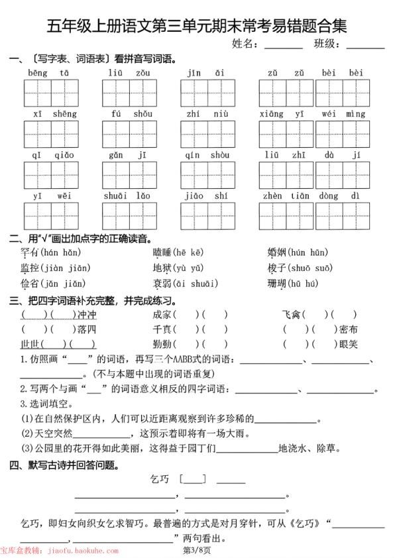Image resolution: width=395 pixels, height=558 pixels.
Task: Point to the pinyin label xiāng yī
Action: point(286,113)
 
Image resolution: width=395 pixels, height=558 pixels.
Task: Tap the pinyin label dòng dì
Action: point(342,195)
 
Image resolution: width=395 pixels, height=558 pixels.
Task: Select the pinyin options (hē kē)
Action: point(188,252)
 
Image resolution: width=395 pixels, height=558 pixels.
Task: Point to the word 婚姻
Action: point(277,252)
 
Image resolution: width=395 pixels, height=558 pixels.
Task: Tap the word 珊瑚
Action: point(277,284)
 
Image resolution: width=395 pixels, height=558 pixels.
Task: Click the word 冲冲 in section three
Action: point(87,314)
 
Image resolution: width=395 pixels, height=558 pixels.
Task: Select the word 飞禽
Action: point(292,314)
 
